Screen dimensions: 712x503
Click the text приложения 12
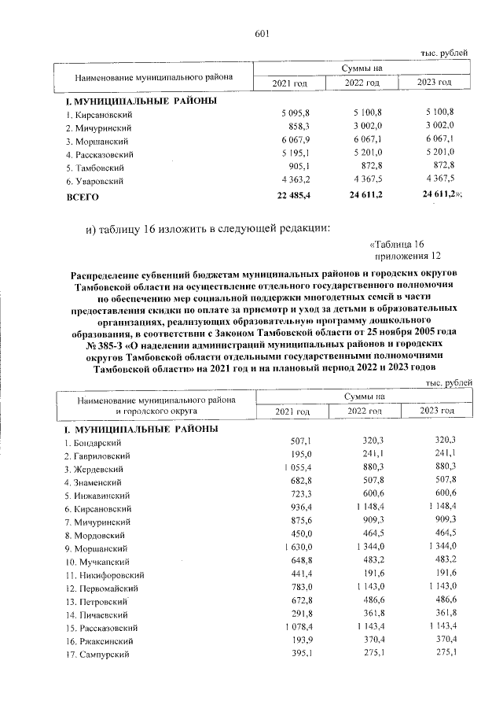point(408,256)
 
